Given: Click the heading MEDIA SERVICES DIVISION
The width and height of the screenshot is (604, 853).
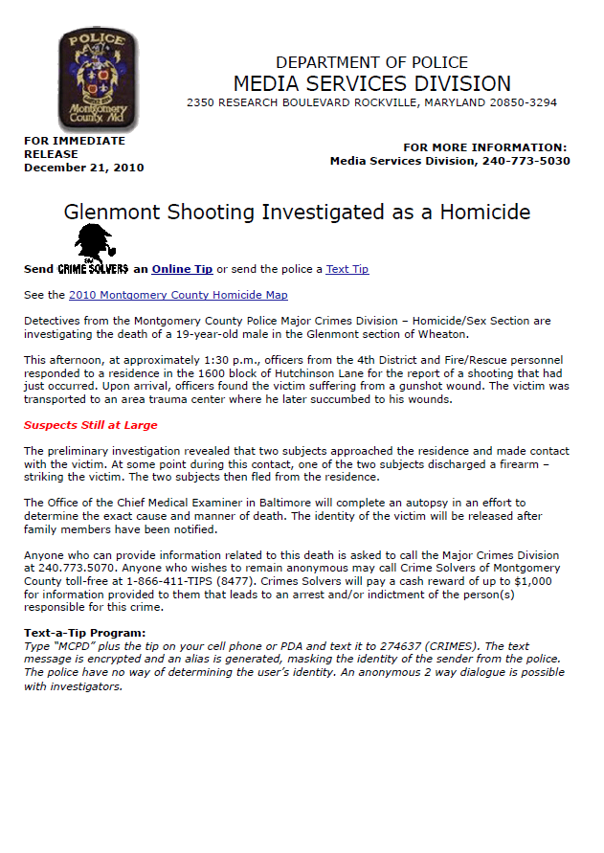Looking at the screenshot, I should click(x=371, y=83).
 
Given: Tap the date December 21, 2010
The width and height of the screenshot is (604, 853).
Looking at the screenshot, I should click(x=84, y=168).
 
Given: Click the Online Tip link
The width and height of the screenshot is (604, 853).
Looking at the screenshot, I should click(x=182, y=269).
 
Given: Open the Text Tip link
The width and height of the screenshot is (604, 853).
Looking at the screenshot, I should click(x=347, y=269).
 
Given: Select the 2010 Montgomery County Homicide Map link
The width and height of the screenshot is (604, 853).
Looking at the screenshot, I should click(x=178, y=295).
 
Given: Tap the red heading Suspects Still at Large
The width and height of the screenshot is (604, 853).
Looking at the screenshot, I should click(x=91, y=425).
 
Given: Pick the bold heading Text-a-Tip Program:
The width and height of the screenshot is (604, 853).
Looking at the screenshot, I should click(x=85, y=633).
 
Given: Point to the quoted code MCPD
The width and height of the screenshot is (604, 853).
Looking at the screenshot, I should click(x=78, y=646).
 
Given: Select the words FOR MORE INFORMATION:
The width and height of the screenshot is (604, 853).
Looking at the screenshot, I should click(x=484, y=147).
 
